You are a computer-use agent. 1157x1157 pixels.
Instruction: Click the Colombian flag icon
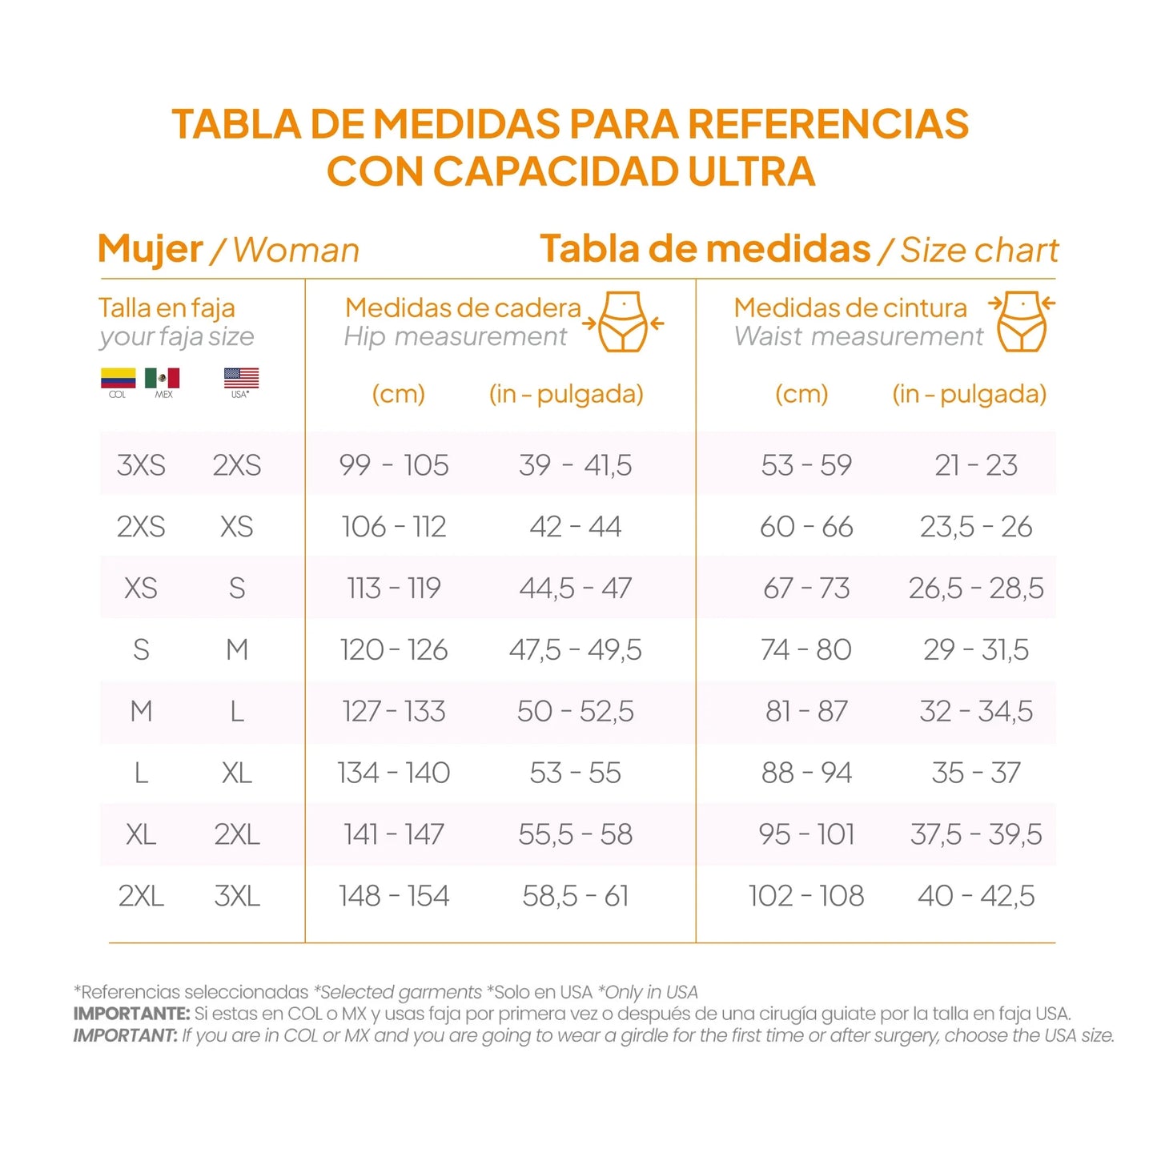click(118, 377)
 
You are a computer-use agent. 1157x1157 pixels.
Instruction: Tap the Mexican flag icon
click(163, 377)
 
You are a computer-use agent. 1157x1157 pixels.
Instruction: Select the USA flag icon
click(241, 377)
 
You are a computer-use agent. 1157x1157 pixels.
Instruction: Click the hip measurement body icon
click(623, 322)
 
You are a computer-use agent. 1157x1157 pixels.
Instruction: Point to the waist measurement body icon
click(1022, 322)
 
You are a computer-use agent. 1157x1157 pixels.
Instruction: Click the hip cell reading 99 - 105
click(393, 465)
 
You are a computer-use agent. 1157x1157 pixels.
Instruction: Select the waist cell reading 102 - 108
click(806, 896)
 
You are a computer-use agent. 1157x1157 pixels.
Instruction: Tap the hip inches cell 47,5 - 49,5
click(576, 650)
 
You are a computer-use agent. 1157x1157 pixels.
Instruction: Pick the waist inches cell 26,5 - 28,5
click(976, 589)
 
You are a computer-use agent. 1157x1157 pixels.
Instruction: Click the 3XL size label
click(237, 896)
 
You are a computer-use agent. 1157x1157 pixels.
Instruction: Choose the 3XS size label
click(141, 465)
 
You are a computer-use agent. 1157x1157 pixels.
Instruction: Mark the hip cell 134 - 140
click(393, 773)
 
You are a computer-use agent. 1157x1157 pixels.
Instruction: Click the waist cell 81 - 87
click(806, 712)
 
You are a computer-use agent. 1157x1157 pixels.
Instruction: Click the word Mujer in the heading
click(150, 249)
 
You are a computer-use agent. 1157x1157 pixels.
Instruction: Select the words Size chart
click(979, 250)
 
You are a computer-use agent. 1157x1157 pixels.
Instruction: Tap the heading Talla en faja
click(167, 308)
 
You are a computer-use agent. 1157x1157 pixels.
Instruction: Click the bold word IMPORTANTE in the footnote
click(131, 1014)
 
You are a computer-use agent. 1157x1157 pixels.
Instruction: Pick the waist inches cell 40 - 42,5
click(976, 896)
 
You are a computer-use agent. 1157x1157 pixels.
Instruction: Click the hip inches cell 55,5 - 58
click(576, 835)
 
